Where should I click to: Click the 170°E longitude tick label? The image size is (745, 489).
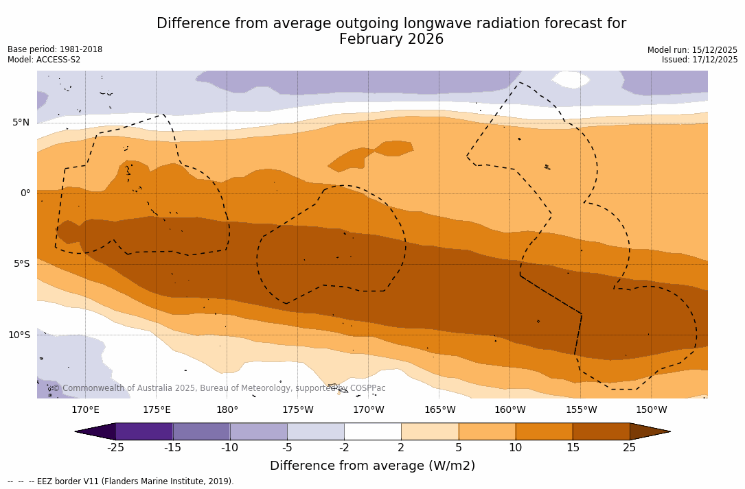click(x=85, y=410)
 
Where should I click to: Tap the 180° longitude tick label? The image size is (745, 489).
click(x=227, y=410)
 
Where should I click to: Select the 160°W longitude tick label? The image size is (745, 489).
click(x=509, y=410)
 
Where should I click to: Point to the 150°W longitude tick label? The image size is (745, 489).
click(x=651, y=410)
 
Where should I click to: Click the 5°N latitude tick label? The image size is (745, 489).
click(x=21, y=123)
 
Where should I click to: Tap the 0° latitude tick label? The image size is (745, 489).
click(x=25, y=193)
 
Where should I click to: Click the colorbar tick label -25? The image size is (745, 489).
click(x=115, y=448)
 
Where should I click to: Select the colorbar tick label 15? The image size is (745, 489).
click(x=572, y=448)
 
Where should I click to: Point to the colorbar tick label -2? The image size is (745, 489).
click(x=343, y=448)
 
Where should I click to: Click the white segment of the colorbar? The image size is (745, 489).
click(x=372, y=431)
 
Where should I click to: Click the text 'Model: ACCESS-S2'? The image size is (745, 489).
click(x=44, y=60)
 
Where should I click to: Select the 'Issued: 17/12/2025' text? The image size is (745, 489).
click(x=700, y=60)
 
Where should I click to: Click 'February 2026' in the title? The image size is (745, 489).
click(x=391, y=40)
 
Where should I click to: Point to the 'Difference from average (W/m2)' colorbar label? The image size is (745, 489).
click(x=372, y=466)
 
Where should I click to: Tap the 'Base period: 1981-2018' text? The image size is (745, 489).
click(x=55, y=49)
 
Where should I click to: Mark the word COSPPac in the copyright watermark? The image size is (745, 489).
click(x=368, y=388)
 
